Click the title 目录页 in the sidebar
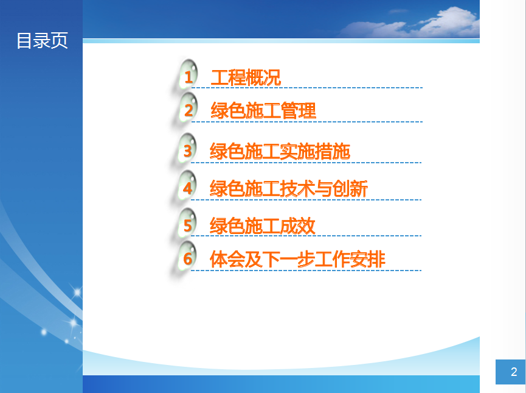point(43,41)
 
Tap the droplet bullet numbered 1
point(188,74)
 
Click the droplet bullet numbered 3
point(187,149)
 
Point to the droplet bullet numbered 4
point(187,186)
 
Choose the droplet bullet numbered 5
point(187,223)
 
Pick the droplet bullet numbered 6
point(187,257)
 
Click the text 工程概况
point(246,77)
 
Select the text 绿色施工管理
point(263,111)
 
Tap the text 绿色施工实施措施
point(280,151)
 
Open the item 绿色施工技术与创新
point(288,189)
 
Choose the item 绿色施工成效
point(262,226)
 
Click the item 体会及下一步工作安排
point(297,260)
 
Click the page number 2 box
point(510,372)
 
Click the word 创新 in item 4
point(350,189)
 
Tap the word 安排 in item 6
point(368,260)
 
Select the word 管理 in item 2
point(299,111)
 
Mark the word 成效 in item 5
point(298,226)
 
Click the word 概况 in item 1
point(263,77)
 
